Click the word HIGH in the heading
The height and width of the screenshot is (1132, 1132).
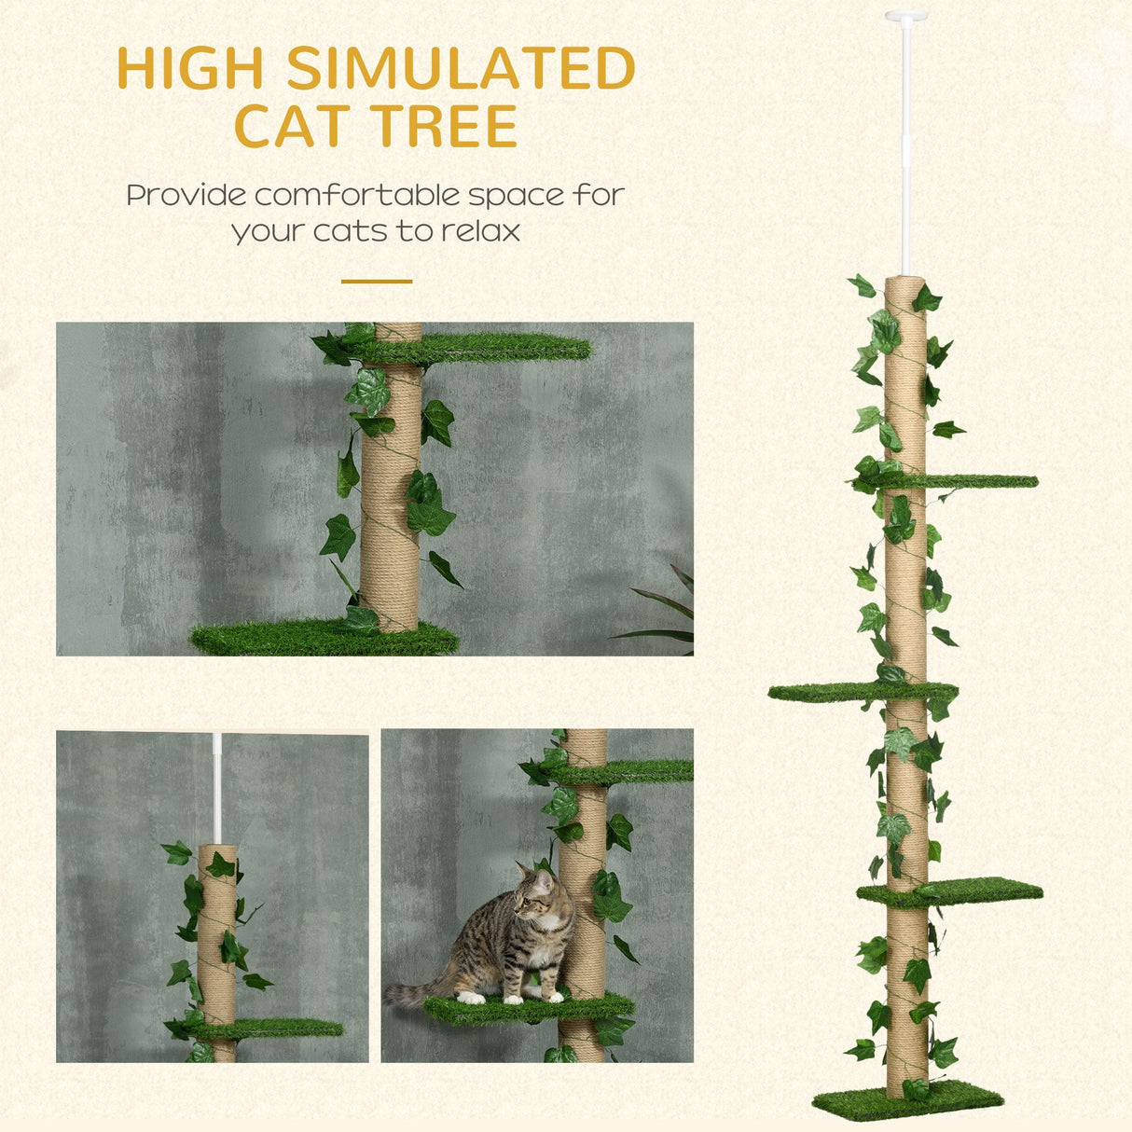192,68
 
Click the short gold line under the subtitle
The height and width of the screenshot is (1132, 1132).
376,281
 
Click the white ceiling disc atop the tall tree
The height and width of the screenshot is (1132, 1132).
905,16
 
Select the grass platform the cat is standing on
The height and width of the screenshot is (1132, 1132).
522,1009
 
